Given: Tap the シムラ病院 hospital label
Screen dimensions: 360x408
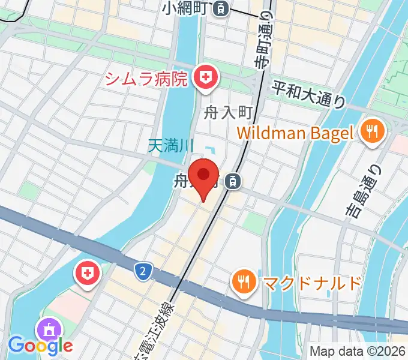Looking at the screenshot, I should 146,78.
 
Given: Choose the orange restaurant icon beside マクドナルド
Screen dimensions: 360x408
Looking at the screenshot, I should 243,281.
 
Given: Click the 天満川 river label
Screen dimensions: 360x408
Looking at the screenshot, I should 172,145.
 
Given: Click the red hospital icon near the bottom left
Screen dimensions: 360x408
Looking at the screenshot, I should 86,275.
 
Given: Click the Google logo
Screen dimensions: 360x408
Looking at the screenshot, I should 40,345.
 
